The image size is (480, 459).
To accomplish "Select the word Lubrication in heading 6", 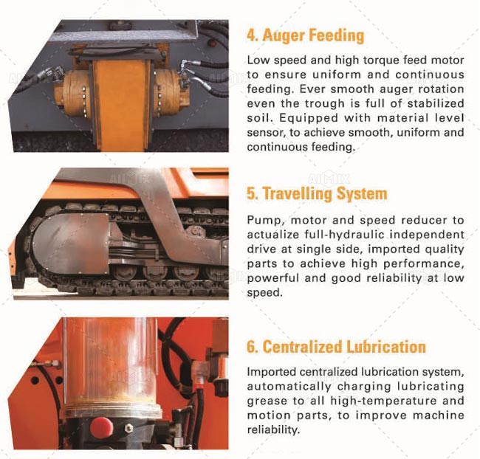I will tap(385, 347).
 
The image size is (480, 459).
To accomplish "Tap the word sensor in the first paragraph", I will tap(264, 133).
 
